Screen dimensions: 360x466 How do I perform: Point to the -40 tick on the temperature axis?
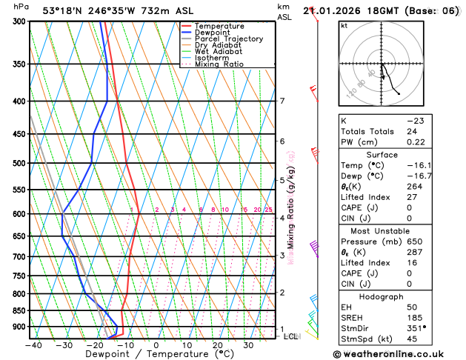coord(33,345)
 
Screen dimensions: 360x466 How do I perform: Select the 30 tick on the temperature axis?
coord(248,345)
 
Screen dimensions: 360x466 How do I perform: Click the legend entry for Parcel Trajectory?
coord(229,39)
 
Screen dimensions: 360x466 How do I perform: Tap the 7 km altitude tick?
coord(282,101)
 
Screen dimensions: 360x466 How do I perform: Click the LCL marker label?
coord(291,336)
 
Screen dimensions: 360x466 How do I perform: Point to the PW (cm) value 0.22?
coord(413,142)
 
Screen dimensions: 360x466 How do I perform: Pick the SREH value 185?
coord(411,317)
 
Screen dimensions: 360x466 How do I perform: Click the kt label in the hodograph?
coord(344,25)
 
